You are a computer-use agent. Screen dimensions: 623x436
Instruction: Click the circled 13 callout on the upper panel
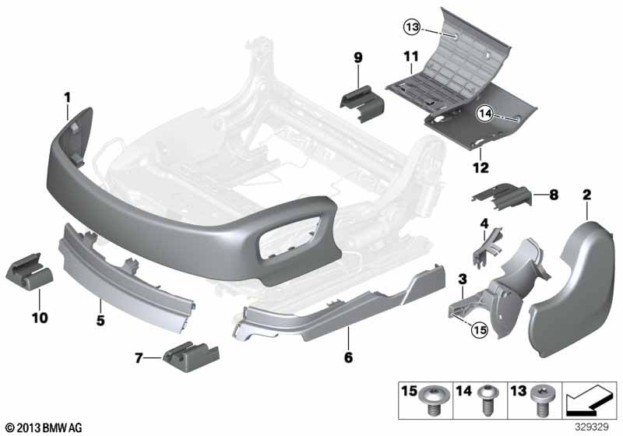412,27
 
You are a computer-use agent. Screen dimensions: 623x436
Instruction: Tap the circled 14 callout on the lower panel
484,114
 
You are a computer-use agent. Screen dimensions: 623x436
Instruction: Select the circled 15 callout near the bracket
479,329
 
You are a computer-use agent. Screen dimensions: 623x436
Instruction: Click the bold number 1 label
68,97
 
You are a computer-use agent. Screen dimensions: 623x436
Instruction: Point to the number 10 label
40,318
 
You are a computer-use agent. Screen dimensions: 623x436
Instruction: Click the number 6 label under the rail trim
348,357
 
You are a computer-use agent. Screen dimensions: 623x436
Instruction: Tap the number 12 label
480,167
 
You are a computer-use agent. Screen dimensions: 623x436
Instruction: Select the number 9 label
358,58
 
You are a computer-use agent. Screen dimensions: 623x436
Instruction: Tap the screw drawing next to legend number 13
541,399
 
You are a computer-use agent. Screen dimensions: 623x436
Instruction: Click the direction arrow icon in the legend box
588,402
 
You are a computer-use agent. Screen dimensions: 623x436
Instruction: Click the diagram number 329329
592,427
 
